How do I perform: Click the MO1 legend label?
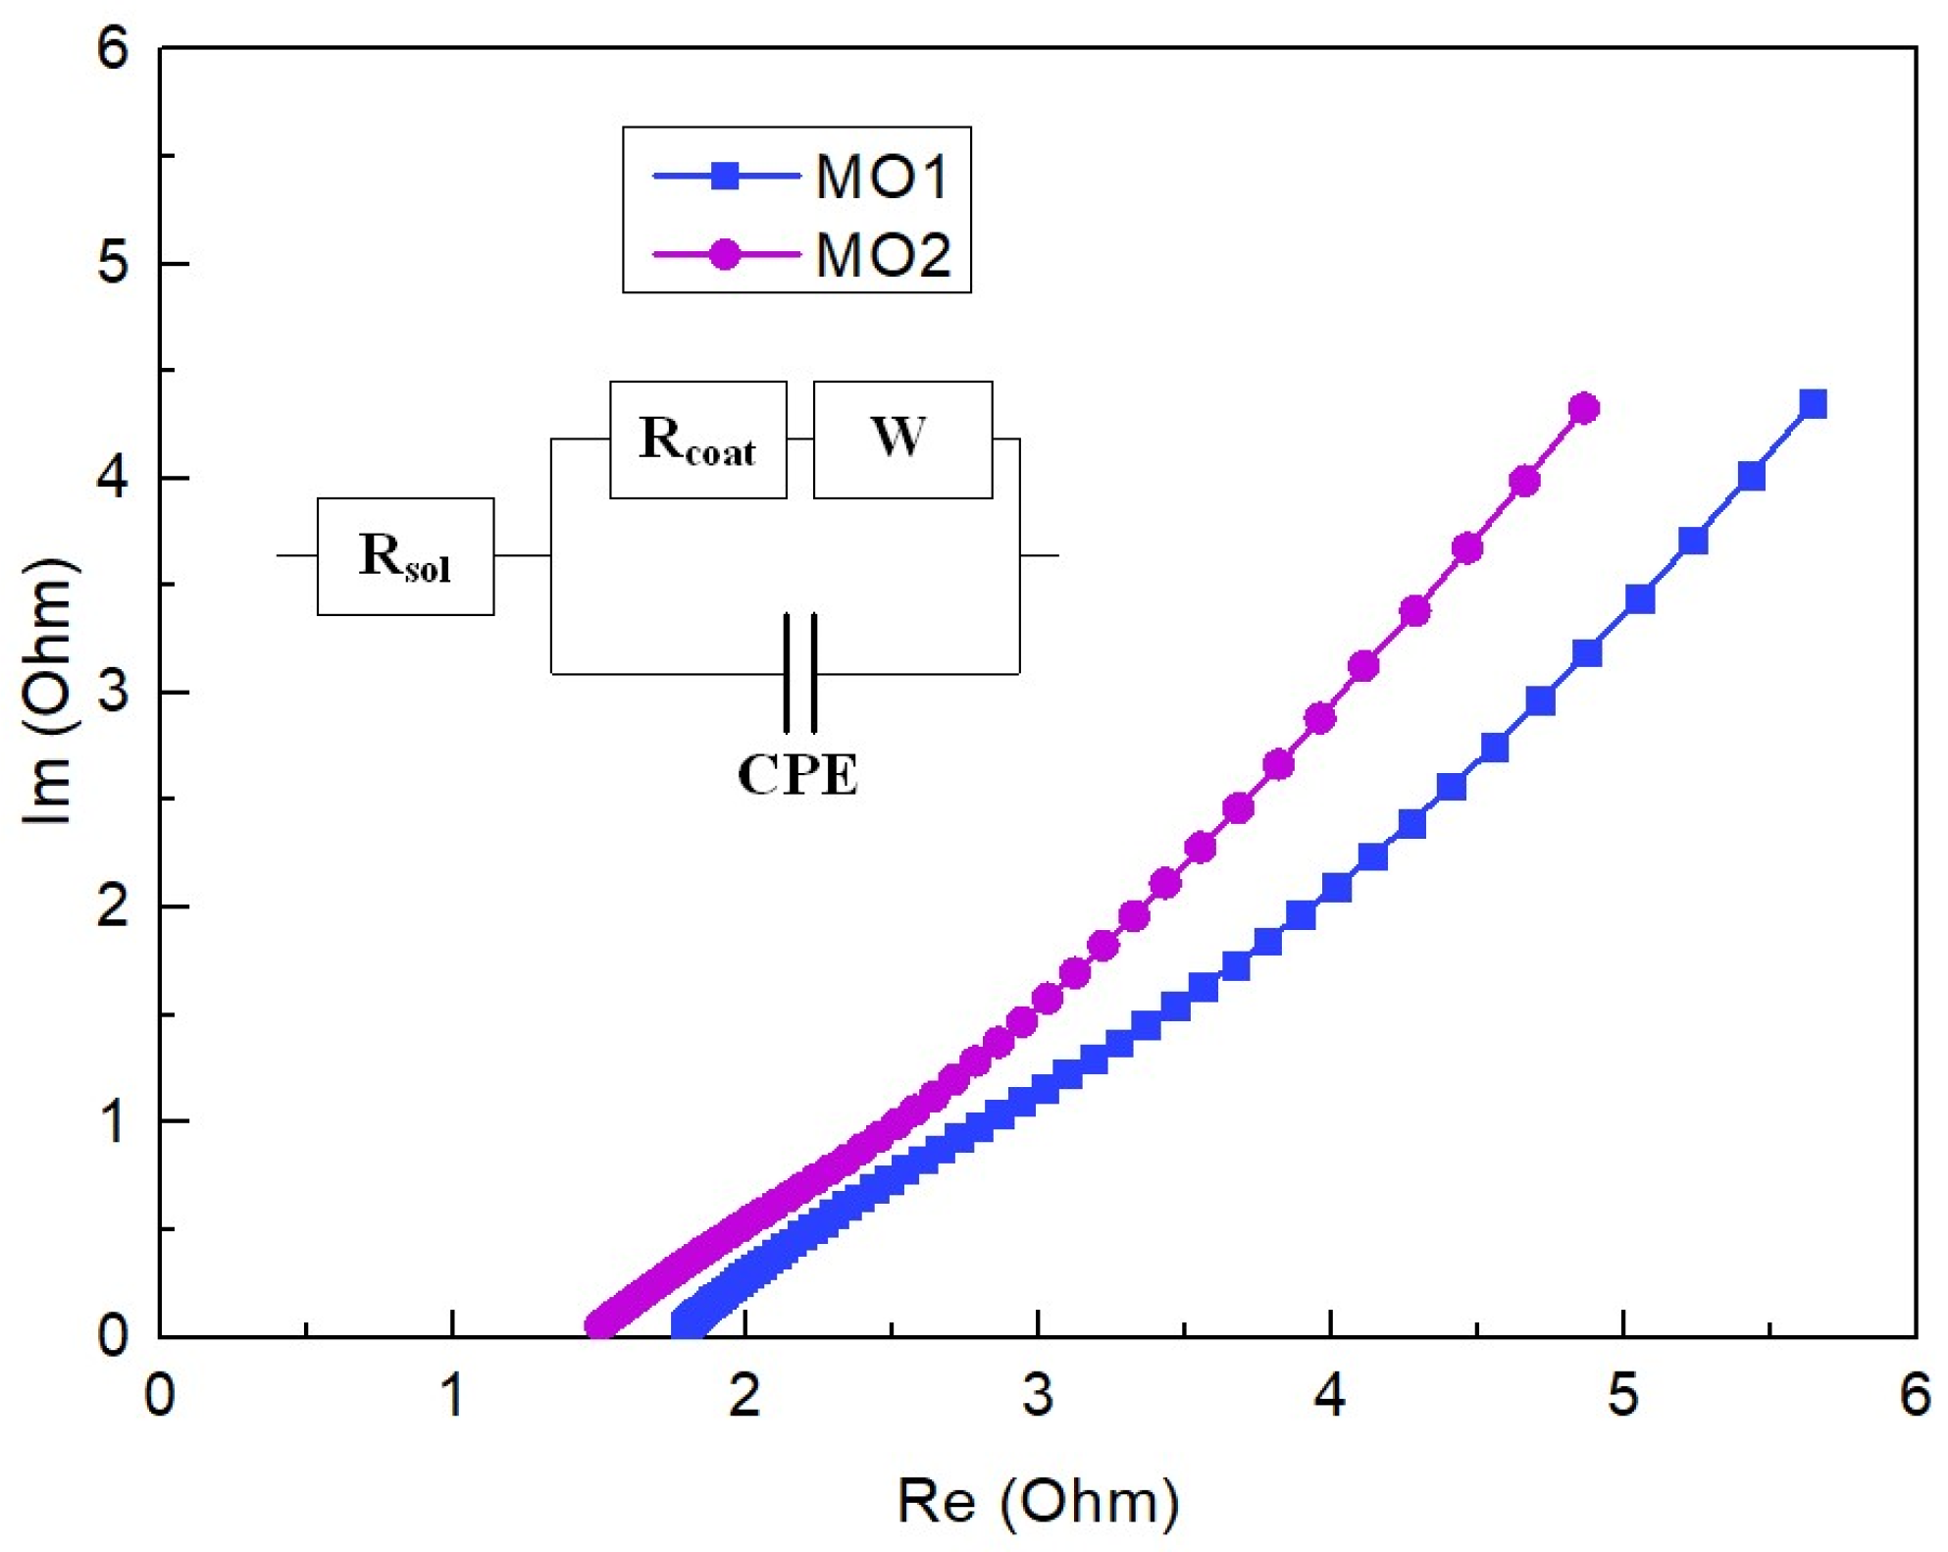[882, 178]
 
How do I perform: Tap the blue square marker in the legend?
[725, 177]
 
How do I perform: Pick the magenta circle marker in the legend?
[725, 255]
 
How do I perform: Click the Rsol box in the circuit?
[405, 556]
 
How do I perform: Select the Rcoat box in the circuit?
[697, 440]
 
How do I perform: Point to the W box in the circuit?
[902, 440]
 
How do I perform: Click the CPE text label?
[797, 775]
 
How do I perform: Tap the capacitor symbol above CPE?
[799, 673]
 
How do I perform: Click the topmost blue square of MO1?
[1813, 404]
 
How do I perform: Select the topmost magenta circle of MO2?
[1584, 408]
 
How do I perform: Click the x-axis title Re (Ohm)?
[1038, 1500]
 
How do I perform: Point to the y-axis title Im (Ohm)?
[47, 692]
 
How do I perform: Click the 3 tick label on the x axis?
[1037, 1394]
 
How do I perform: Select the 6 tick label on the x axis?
[1915, 1394]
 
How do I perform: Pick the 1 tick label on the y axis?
[114, 1120]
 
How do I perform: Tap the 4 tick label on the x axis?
[1329, 1394]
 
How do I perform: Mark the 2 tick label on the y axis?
[114, 905]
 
